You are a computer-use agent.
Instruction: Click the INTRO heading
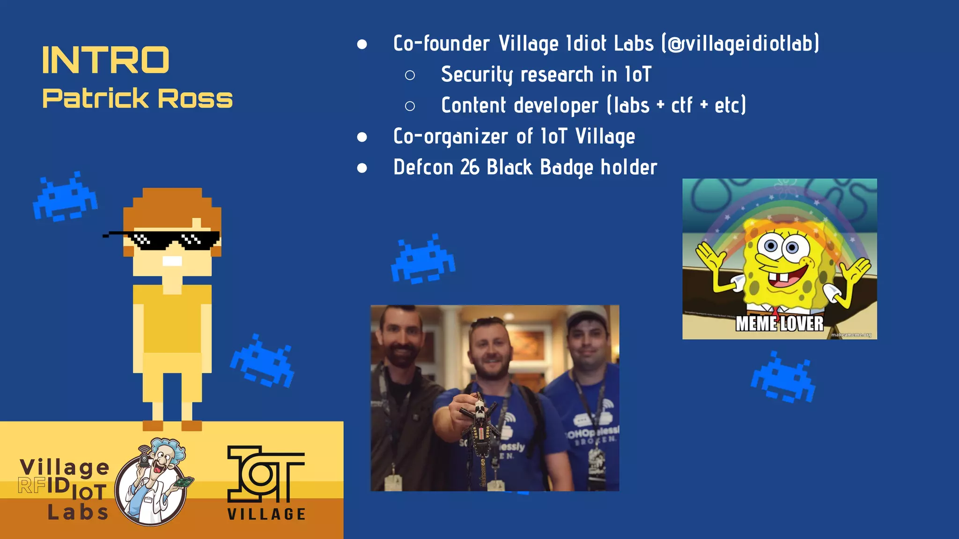(x=105, y=60)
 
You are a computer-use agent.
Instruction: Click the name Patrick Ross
(x=137, y=98)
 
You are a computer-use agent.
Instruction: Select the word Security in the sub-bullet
(x=477, y=75)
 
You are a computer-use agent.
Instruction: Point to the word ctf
(x=681, y=106)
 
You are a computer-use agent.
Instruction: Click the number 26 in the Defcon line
(x=470, y=168)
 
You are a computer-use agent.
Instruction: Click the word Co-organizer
(x=450, y=137)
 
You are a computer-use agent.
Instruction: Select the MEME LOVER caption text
(x=779, y=324)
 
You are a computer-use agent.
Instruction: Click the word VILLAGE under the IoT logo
(x=266, y=514)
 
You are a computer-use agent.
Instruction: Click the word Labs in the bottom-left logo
(x=78, y=512)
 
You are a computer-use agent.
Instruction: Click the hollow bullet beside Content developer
(x=410, y=106)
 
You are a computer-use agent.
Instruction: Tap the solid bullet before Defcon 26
(x=362, y=168)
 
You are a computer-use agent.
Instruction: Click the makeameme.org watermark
(x=851, y=335)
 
